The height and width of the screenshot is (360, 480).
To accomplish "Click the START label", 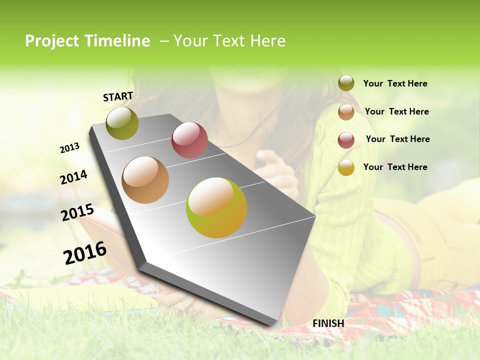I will [118, 96].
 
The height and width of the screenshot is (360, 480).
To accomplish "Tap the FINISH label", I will [328, 323].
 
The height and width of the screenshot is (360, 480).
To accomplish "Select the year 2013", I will [70, 148].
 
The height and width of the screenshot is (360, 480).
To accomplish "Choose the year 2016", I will [85, 252].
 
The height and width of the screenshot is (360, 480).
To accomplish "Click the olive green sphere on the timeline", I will [122, 123].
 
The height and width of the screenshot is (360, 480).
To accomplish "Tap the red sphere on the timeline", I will [189, 140].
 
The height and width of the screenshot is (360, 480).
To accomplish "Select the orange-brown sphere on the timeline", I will [145, 180].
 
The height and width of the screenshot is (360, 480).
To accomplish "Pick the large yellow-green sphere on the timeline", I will [216, 207].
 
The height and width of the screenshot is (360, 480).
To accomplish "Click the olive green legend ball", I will [346, 83].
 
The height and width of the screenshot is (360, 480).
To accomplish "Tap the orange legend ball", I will [346, 112].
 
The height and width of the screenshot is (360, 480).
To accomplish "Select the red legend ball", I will [346, 140].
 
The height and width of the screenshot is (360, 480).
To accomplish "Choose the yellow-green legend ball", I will [346, 167].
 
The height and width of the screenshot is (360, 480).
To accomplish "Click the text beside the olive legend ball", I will [395, 83].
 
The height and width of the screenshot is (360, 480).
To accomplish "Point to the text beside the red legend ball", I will [397, 139].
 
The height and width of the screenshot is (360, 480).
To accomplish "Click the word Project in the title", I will [52, 41].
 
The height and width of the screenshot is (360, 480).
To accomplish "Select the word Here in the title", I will [267, 41].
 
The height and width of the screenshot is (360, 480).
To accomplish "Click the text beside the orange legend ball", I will [396, 111].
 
